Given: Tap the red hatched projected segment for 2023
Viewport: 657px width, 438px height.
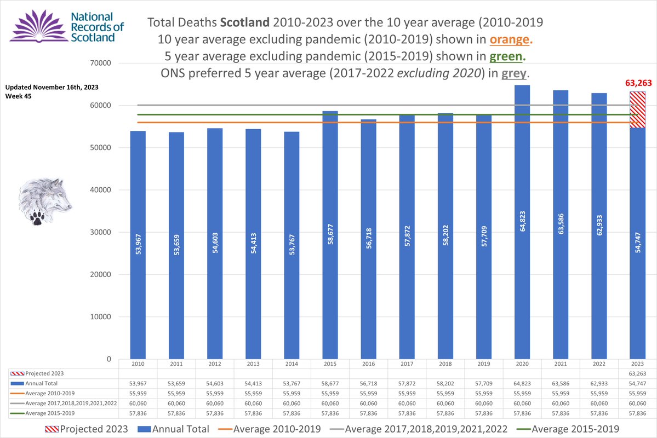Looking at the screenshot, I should coord(637,109).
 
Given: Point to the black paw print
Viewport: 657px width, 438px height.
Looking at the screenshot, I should coord(37,219).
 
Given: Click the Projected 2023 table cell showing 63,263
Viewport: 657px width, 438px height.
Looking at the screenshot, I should coord(637,373).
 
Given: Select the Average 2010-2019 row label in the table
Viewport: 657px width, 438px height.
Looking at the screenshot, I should coord(49,393).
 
